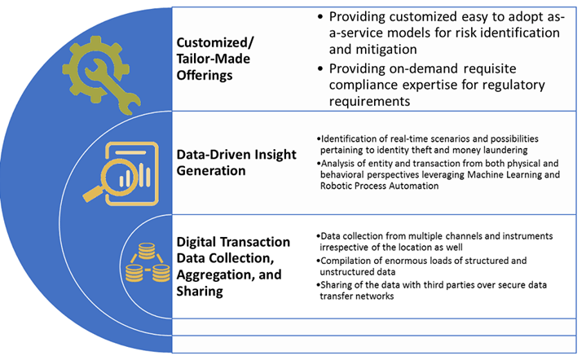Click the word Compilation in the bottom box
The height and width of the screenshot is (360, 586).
346,260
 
